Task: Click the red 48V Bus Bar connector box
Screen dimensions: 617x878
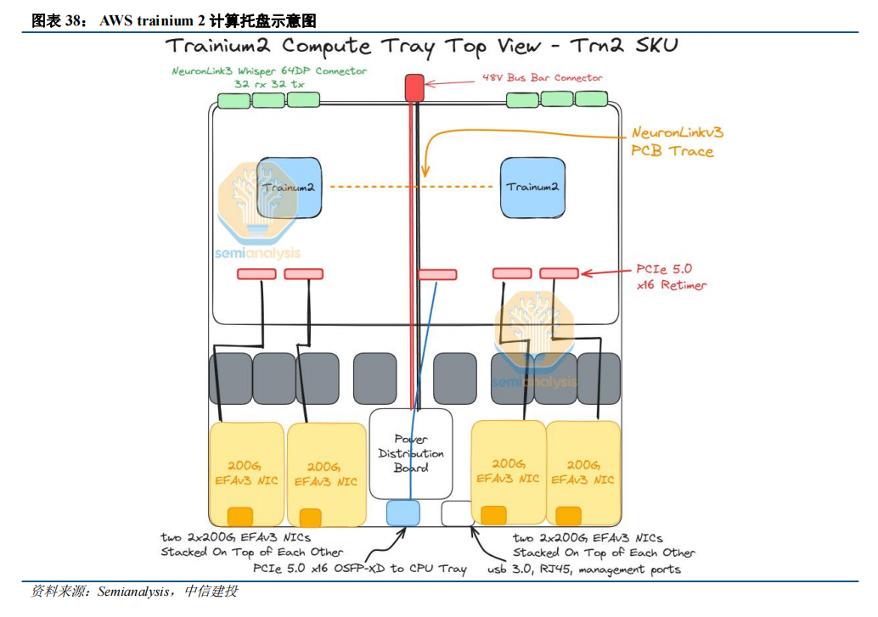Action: coord(414,87)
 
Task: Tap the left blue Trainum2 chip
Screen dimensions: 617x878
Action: coord(288,186)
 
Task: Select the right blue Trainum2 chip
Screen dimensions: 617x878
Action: coord(533,186)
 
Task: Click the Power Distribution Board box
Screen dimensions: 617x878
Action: coord(411,453)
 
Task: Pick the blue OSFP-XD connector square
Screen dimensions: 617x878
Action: coord(403,512)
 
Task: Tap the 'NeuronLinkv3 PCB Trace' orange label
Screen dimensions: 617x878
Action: coord(677,142)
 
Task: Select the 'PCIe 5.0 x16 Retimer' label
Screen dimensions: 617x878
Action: coord(671,277)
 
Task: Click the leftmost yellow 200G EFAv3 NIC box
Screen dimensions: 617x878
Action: coord(246,473)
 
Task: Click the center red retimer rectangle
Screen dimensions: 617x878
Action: coord(437,274)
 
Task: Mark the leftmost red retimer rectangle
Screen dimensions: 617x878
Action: coord(256,273)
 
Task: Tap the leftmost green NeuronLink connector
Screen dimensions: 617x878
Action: coord(234,100)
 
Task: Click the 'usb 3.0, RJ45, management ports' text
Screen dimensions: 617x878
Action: coord(583,569)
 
